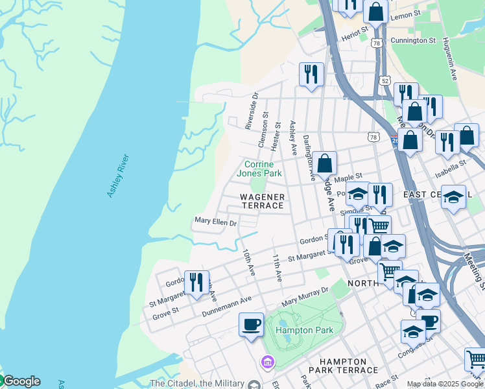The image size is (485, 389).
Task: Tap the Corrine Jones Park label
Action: (259, 169)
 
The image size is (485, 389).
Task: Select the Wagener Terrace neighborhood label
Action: (263, 201)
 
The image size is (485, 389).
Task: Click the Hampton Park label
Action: (304, 330)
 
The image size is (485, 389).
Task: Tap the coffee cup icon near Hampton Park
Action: (251, 324)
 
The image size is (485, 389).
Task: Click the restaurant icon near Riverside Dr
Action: (311, 74)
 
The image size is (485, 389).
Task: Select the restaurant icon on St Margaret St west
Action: (196, 282)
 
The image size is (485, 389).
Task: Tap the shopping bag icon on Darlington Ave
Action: (326, 163)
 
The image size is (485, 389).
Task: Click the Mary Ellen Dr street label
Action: (215, 222)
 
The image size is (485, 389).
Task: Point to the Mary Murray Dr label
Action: (305, 298)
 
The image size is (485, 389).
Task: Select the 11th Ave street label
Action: (277, 267)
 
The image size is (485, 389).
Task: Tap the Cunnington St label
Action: (414, 40)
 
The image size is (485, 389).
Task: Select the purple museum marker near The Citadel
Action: (265, 361)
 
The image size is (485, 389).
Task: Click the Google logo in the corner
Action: (21, 381)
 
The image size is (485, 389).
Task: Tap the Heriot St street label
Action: (355, 30)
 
